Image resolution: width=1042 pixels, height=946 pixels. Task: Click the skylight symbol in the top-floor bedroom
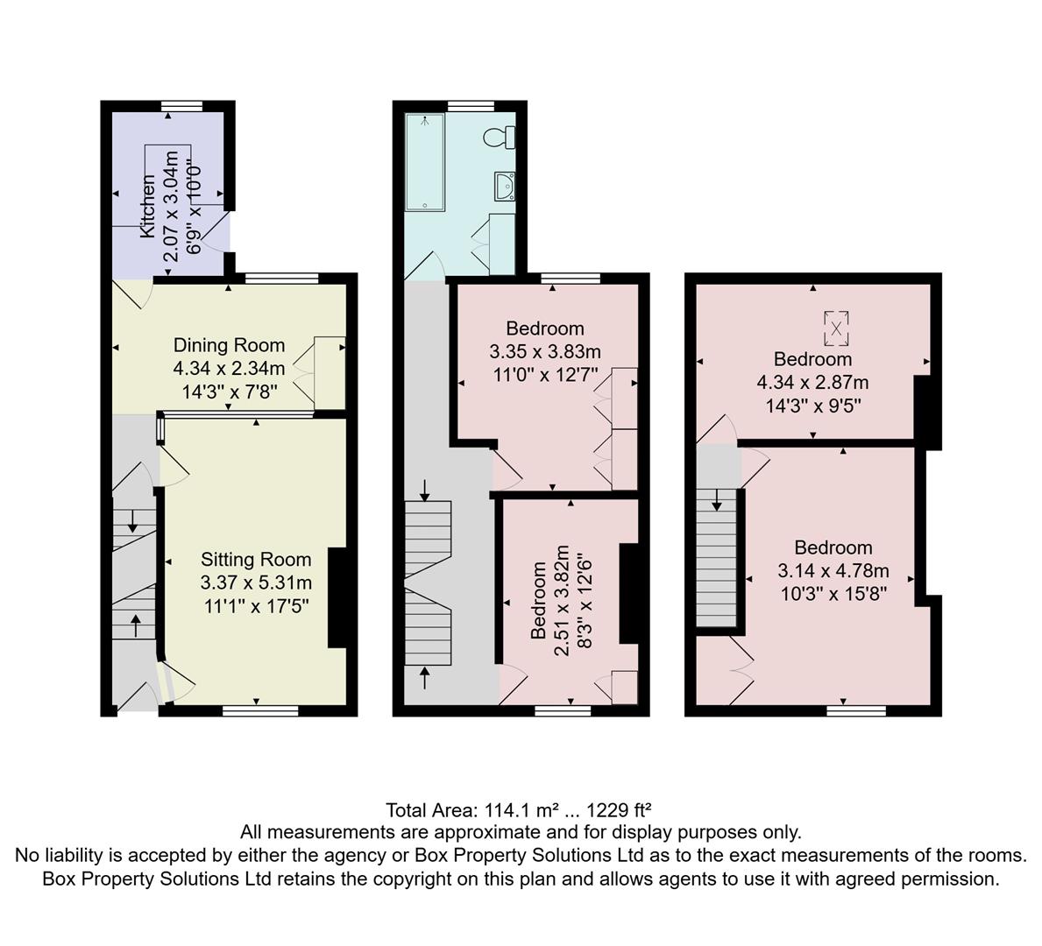[836, 328]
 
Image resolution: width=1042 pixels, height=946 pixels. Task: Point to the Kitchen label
[148, 206]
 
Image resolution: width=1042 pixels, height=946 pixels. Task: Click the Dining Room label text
[229, 345]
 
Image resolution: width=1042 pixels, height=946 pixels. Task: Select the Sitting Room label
[256, 559]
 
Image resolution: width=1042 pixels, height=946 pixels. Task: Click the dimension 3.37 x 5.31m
[256, 582]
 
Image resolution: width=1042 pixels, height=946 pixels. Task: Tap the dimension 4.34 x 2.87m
[812, 383]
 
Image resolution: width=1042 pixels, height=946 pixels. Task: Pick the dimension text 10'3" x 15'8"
[833, 594]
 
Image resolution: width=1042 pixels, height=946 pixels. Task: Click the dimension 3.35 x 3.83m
[545, 352]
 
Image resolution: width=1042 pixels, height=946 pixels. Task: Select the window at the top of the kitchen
[182, 106]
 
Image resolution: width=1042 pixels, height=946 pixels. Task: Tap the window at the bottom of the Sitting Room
[256, 711]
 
